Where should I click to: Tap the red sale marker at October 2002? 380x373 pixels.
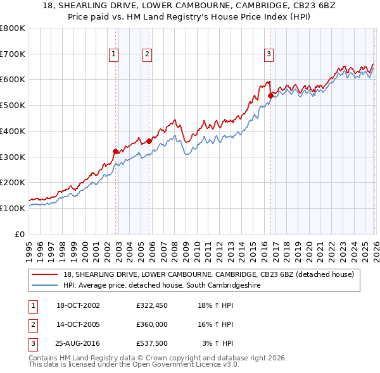pyautogui.click(x=115, y=151)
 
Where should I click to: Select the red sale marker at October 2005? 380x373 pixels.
pyautogui.click(x=149, y=141)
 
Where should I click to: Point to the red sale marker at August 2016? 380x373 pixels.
pyautogui.click(x=270, y=95)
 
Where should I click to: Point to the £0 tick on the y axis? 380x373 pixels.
pyautogui.click(x=19, y=234)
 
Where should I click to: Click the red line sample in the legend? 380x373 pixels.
pyautogui.click(x=45, y=274)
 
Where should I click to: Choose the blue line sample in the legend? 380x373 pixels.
pyautogui.click(x=45, y=285)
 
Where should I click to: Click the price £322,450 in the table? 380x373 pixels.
pyautogui.click(x=151, y=305)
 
